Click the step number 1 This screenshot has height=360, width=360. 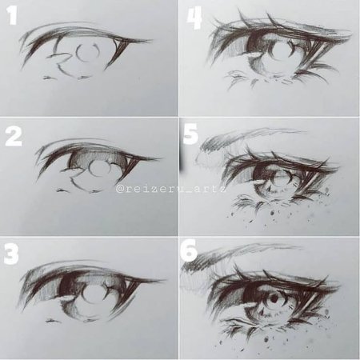coord(12,15)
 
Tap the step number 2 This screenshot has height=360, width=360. coord(14,136)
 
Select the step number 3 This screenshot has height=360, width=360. coord(11,254)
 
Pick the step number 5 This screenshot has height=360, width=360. coord(191,134)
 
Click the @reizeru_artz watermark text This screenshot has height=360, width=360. coord(171,189)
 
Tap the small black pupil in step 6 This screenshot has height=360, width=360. coord(274,298)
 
